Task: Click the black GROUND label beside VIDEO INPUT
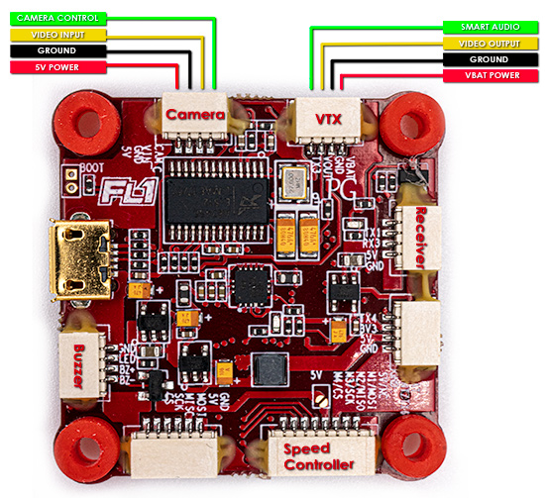(55, 50)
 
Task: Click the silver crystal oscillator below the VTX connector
(295, 183)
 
